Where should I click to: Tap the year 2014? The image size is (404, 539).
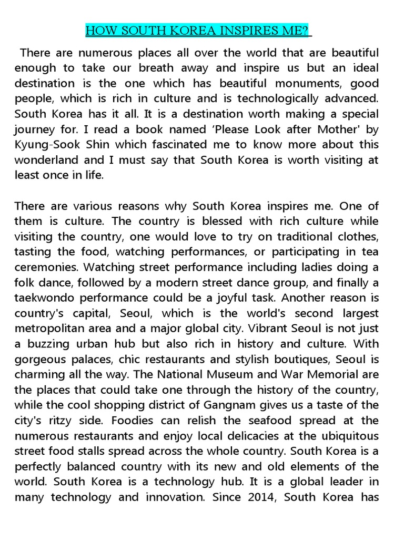click(261, 497)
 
